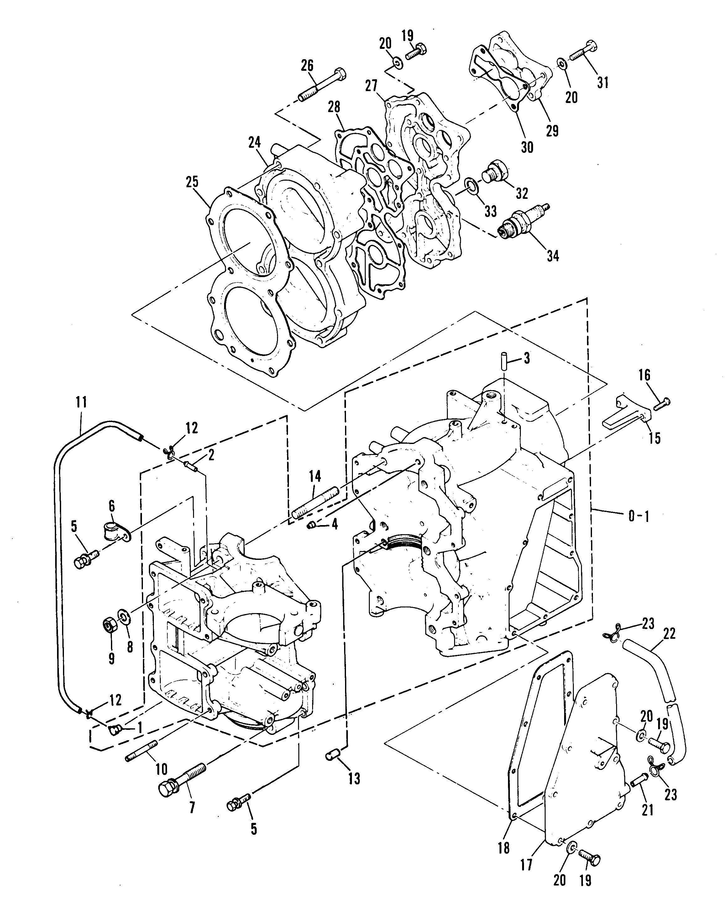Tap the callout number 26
point(307,65)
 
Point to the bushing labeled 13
point(332,756)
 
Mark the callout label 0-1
point(639,516)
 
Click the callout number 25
point(193,182)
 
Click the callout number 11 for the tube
point(81,402)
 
